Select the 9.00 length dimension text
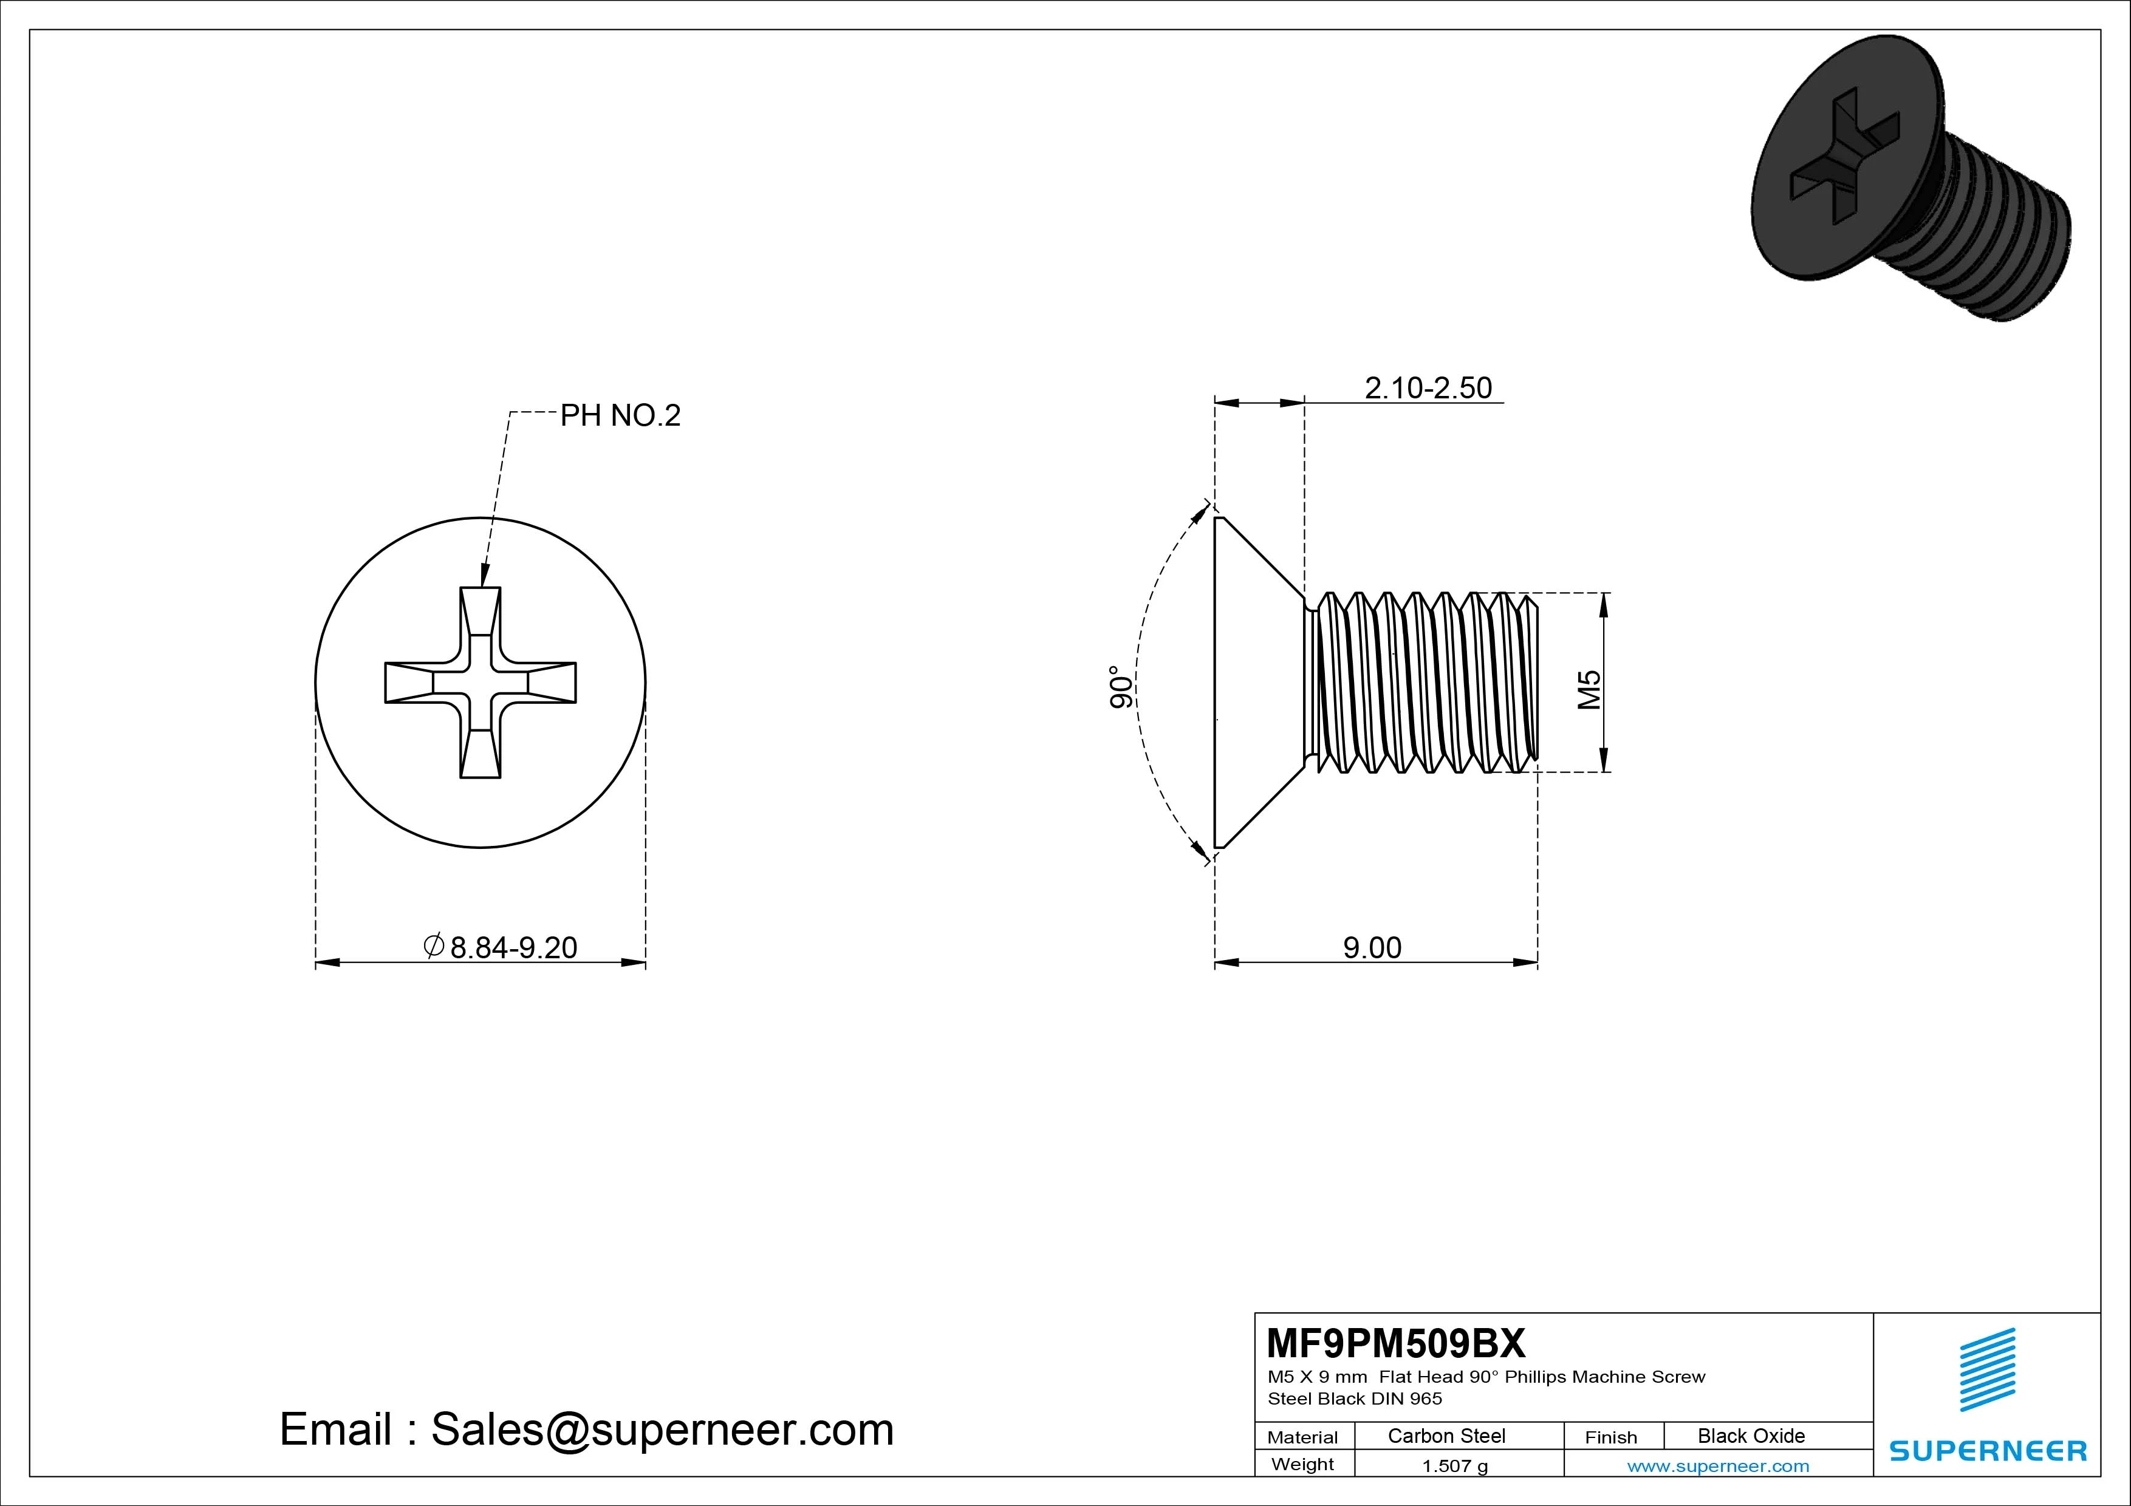(1372, 947)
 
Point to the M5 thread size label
(1590, 689)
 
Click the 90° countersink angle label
(1122, 687)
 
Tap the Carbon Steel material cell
(1446, 1436)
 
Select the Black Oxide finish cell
(1751, 1436)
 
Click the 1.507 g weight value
(1454, 1466)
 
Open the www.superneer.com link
(1718, 1466)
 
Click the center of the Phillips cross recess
(481, 683)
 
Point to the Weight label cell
(1302, 1464)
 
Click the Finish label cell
(1610, 1436)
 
